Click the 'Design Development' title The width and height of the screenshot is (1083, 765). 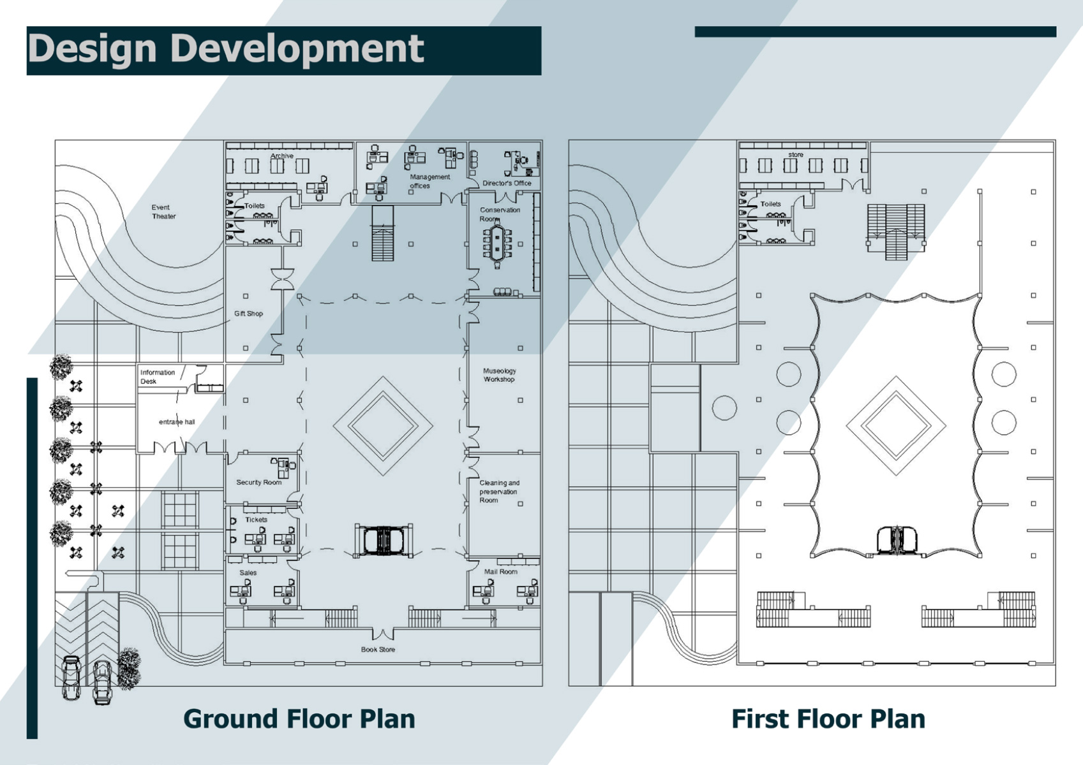(227, 50)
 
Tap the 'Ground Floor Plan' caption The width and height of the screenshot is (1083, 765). (299, 718)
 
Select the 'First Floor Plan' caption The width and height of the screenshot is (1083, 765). (828, 718)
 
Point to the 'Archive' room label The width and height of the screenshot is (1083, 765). (282, 156)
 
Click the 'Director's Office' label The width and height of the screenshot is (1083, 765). (507, 183)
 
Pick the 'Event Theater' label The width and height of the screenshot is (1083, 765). (163, 212)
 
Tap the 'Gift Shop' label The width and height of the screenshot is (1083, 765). (248, 314)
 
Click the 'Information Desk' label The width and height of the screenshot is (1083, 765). (158, 377)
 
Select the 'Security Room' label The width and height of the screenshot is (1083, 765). (258, 482)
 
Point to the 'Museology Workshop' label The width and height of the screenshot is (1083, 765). (500, 375)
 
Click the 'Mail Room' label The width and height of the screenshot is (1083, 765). (501, 571)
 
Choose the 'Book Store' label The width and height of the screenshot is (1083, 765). (378, 650)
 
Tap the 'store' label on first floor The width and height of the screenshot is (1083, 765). (796, 154)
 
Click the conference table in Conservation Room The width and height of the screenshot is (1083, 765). (497, 244)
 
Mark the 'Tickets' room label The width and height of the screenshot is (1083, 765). (256, 520)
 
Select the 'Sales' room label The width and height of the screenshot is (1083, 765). (248, 572)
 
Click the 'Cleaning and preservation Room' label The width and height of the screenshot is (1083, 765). (500, 492)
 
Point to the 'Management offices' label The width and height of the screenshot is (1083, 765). (429, 181)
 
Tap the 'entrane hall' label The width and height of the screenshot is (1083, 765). (177, 421)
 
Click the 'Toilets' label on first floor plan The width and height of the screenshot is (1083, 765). (771, 204)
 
